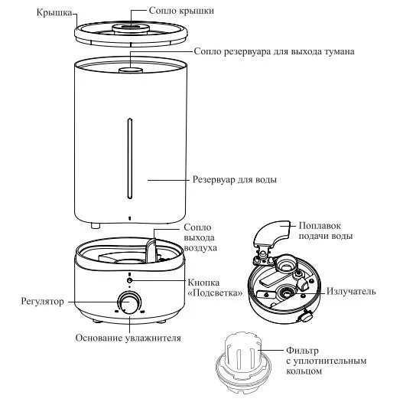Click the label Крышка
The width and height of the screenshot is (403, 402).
(54, 12)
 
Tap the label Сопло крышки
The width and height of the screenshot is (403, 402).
(181, 11)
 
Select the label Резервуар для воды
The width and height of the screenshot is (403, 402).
(235, 179)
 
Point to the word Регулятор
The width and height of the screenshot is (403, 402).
(42, 302)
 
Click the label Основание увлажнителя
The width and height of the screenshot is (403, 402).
(128, 338)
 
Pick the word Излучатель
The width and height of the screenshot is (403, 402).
(351, 291)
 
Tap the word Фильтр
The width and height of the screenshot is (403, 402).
(302, 351)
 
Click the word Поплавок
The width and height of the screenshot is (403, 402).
(320, 225)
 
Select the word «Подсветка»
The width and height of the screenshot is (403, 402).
(216, 293)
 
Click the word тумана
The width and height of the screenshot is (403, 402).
(338, 51)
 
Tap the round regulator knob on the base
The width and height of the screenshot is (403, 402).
(129, 302)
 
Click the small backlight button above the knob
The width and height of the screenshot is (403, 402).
(129, 280)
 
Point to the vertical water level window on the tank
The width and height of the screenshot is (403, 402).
(130, 159)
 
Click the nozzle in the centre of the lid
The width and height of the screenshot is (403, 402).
(131, 28)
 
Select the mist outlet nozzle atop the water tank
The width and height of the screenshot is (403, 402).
(131, 70)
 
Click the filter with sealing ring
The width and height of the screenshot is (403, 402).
(243, 361)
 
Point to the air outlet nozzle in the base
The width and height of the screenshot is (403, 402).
(151, 251)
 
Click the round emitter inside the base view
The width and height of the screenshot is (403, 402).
(285, 293)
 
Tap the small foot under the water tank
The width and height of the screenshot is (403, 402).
(95, 226)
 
